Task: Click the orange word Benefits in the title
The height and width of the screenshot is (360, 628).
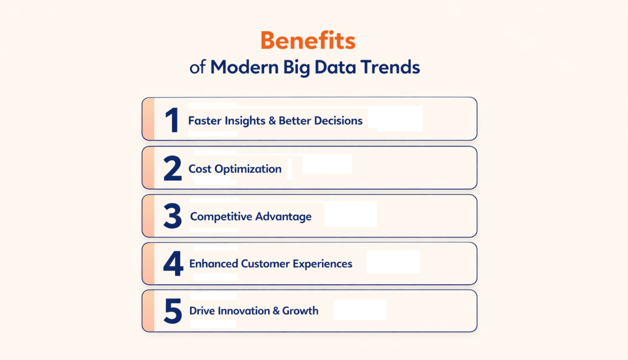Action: (x=308, y=41)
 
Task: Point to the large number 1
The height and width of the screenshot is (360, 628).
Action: (x=172, y=120)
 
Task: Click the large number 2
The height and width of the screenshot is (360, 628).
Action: (x=172, y=169)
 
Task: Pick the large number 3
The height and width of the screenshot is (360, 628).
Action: (x=172, y=217)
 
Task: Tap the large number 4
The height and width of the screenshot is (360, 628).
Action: (x=172, y=264)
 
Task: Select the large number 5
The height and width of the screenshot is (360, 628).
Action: (x=172, y=312)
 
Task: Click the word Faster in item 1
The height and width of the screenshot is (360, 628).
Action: (x=204, y=121)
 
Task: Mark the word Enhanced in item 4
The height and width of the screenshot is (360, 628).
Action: (x=214, y=264)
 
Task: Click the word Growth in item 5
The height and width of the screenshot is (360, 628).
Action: (x=300, y=311)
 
